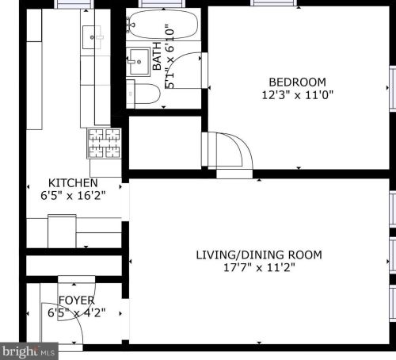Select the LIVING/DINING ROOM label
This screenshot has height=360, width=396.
click(x=259, y=255)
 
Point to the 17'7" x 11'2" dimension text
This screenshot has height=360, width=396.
click(x=259, y=267)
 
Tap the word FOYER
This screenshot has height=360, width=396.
click(x=77, y=301)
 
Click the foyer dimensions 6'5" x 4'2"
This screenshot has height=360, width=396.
click(x=77, y=312)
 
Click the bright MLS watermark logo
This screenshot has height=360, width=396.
click(x=29, y=350)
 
